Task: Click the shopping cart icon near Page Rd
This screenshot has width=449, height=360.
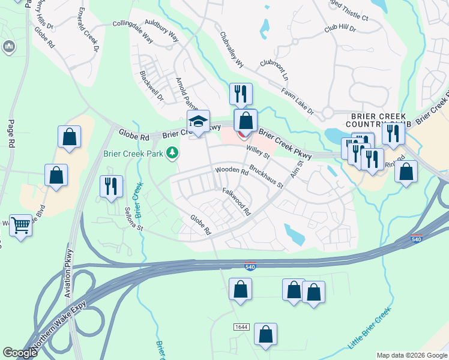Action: pyautogui.click(x=21, y=226)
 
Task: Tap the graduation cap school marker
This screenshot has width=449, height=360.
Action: pyautogui.click(x=198, y=121)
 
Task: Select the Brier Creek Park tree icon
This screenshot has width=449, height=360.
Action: pyautogui.click(x=173, y=154)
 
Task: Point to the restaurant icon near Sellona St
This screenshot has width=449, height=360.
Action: pyautogui.click(x=111, y=186)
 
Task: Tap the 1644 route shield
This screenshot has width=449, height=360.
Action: pyautogui.click(x=242, y=326)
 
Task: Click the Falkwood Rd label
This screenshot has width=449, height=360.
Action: pyautogui.click(x=236, y=201)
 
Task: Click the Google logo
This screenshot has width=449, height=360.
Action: pyautogui.click(x=20, y=353)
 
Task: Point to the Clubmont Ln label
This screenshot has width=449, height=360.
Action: pyautogui.click(x=274, y=71)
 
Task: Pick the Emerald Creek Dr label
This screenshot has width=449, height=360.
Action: pyautogui.click(x=87, y=31)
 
